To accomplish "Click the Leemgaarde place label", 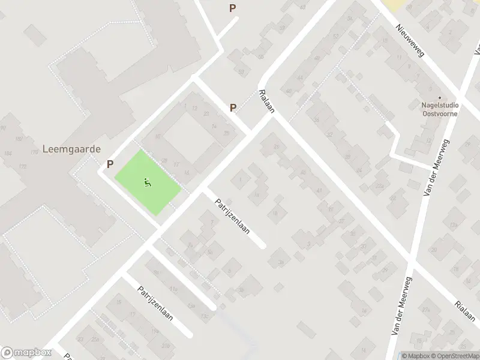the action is click(x=71, y=149).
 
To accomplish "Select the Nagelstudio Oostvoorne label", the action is click(x=440, y=109).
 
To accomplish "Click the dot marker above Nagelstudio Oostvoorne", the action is click(x=440, y=97).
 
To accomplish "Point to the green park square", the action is click(x=147, y=182).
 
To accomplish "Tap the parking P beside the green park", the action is click(x=110, y=163).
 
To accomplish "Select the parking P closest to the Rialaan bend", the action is click(x=233, y=107).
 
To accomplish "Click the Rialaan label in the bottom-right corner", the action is click(x=464, y=311).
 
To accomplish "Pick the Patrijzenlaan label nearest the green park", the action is click(x=231, y=216).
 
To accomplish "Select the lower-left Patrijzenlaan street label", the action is click(x=155, y=303).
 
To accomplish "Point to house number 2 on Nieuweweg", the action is click(x=450, y=33).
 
